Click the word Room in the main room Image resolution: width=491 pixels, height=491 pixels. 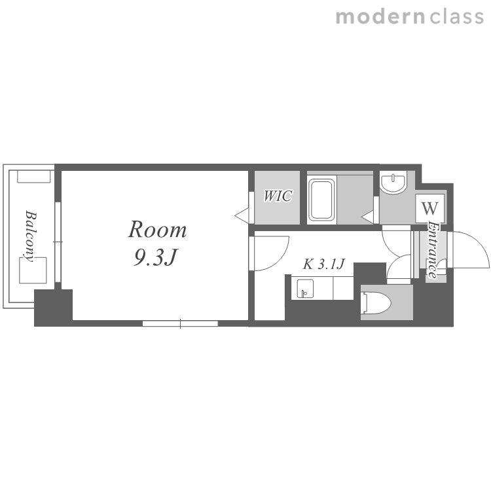[157, 230]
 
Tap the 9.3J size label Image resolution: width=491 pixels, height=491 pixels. [156, 257]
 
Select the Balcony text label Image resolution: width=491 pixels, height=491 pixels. [31, 236]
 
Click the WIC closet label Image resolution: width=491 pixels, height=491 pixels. [278, 196]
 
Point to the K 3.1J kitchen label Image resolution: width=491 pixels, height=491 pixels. [324, 264]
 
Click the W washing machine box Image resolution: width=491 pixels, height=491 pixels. [430, 208]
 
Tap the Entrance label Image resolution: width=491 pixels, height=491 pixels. [433, 250]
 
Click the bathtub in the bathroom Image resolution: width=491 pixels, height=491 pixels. [321, 200]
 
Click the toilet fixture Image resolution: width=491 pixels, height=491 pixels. [376, 302]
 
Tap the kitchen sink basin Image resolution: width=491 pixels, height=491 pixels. [305, 289]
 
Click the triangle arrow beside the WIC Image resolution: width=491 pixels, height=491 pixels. [242, 215]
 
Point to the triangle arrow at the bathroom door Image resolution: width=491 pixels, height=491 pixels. [368, 217]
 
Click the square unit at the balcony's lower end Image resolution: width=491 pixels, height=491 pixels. [33, 270]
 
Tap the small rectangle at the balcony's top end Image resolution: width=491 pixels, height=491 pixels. [34, 176]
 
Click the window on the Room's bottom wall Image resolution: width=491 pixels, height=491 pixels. [180, 323]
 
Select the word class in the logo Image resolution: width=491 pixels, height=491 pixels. [456, 17]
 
